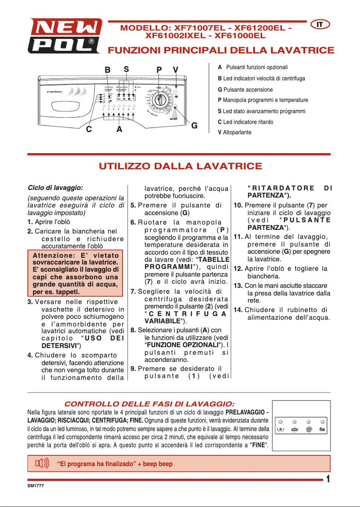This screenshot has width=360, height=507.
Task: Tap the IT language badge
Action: [x=320, y=24]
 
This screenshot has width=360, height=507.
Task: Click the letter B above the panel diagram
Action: [x=108, y=70]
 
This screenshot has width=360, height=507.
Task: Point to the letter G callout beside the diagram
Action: [x=194, y=126]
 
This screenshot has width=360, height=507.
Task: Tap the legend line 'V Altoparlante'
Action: [x=235, y=132]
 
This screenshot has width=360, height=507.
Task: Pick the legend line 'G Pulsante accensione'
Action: [x=245, y=89]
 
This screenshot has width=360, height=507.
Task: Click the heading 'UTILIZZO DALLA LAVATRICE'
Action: [x=180, y=167]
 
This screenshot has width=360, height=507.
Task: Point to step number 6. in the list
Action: [x=133, y=222]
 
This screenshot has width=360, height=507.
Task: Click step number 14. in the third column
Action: [x=238, y=310]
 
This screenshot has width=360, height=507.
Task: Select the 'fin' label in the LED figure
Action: [x=322, y=429]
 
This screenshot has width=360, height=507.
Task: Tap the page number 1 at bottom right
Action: [x=329, y=479]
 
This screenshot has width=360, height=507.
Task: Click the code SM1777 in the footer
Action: [x=35, y=485]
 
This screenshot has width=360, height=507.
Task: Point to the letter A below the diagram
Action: [x=119, y=129]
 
